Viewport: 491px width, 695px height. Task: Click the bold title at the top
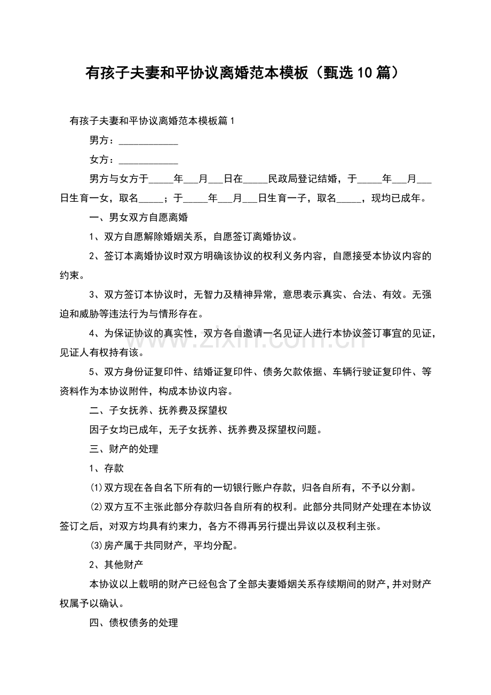[242, 73]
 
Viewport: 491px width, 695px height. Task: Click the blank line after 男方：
[148, 141]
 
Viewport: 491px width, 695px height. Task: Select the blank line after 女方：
[148, 160]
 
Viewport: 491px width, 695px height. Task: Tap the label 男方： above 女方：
[101, 140]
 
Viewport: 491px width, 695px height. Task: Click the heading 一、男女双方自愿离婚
[138, 218]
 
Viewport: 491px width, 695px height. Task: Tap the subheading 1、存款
[107, 468]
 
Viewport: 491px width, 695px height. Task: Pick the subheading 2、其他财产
[116, 564]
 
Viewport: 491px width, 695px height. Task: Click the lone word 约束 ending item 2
[69, 275]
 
